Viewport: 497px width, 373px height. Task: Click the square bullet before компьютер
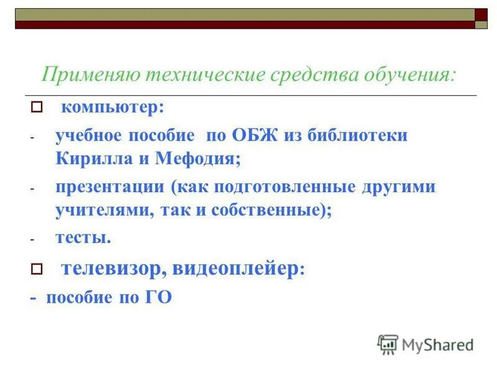tap(36, 108)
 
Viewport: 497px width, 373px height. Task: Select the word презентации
tap(111, 187)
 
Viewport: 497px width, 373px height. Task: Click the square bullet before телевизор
tap(36, 269)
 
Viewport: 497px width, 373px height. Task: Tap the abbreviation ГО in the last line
tap(158, 297)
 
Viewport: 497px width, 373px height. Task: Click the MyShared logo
tap(426, 344)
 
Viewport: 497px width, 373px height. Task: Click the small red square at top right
tap(481, 14)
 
